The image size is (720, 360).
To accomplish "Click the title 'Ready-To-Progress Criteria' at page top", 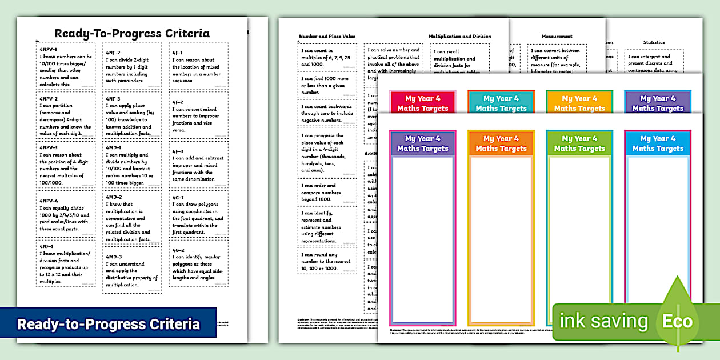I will click(132, 33).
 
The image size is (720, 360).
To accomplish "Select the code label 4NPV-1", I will click(49, 50).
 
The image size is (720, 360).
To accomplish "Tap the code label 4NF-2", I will click(113, 53).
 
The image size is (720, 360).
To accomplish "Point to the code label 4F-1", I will click(178, 53).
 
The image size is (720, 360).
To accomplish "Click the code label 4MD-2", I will click(114, 197).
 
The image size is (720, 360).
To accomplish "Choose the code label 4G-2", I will click(178, 250).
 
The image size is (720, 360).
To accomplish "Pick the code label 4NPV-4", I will click(49, 201).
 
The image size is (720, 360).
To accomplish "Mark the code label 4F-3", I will click(178, 151).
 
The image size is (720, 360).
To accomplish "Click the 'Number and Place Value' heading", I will click(327, 36).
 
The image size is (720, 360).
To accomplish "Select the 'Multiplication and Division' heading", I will click(459, 36).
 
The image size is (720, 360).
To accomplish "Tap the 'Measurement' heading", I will click(557, 36).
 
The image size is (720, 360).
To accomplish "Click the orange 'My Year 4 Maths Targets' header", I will click(501, 143).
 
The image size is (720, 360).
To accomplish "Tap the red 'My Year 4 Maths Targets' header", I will click(423, 103).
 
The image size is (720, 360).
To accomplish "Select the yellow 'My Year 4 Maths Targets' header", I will click(579, 103).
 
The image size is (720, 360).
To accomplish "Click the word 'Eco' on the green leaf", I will click(677, 321).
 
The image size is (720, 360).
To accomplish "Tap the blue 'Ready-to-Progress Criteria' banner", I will click(109, 324).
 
